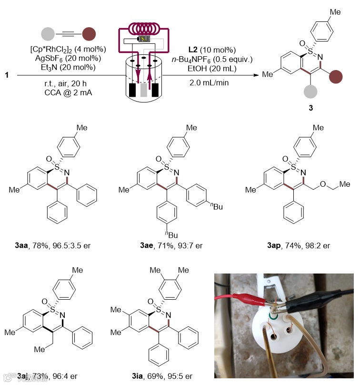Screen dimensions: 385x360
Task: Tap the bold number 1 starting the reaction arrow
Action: pyautogui.click(x=6, y=75)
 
